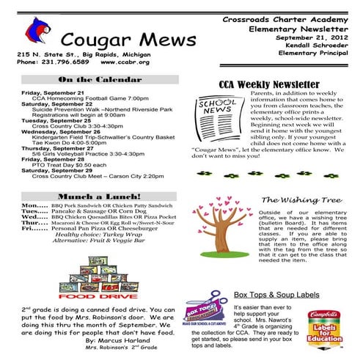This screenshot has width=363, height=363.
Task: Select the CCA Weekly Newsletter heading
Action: point(269,84)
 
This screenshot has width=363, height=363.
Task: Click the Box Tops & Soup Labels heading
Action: point(278,294)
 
